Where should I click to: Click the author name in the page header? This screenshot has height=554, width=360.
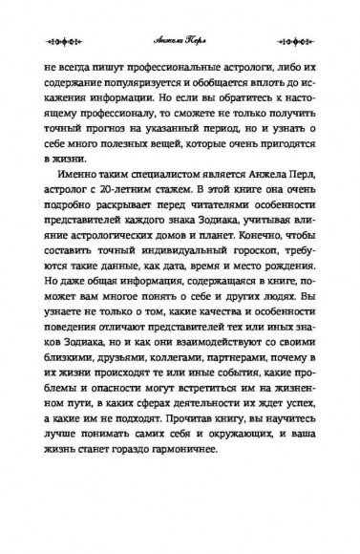pos(180,42)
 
